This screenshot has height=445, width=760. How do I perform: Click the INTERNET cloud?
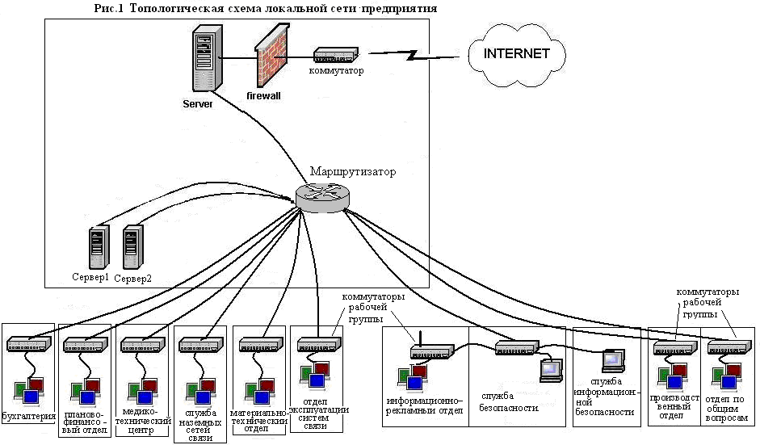click(x=517, y=55)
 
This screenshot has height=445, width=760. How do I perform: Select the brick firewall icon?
click(x=271, y=61)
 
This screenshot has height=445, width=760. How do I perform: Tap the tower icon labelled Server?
click(x=207, y=58)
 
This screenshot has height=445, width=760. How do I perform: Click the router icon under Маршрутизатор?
click(x=319, y=195)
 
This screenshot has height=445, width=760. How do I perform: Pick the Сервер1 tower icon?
click(x=98, y=248)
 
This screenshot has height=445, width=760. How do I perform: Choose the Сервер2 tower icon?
click(x=132, y=248)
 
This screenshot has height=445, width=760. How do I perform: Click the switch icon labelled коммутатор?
click(x=335, y=56)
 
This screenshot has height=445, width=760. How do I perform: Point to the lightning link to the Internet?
click(x=414, y=56)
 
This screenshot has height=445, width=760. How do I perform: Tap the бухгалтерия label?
click(x=29, y=417)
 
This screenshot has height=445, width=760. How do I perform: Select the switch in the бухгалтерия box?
click(x=29, y=345)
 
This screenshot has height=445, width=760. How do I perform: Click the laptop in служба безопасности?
click(x=551, y=369)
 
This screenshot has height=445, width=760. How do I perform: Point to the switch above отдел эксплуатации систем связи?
click(x=316, y=346)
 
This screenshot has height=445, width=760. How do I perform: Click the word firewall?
click(x=262, y=95)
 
